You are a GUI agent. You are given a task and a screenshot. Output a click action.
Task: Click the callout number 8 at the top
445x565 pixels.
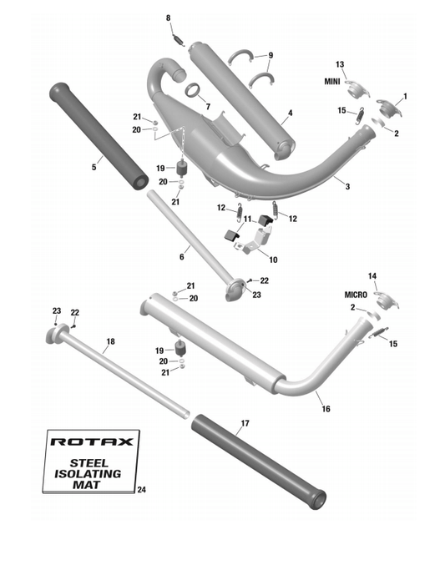(168, 18)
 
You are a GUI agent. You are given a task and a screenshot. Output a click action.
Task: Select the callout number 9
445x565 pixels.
(271, 56)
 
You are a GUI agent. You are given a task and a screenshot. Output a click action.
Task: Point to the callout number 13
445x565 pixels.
(340, 64)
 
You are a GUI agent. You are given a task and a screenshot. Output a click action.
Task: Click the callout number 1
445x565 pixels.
(406, 96)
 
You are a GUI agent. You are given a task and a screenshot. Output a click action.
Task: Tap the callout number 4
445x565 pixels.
(290, 113)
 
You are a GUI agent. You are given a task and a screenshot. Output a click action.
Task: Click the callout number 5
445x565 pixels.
(94, 168)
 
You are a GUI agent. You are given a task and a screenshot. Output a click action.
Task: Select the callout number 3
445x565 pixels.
(347, 187)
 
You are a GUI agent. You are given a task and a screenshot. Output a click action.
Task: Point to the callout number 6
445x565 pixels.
(181, 257)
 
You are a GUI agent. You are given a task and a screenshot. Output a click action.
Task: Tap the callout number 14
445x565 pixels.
(372, 275)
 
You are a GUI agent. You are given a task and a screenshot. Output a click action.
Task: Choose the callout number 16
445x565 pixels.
(325, 410)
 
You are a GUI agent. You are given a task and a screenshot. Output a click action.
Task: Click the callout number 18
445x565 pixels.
(110, 341)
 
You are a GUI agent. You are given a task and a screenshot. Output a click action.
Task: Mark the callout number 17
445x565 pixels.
(245, 424)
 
